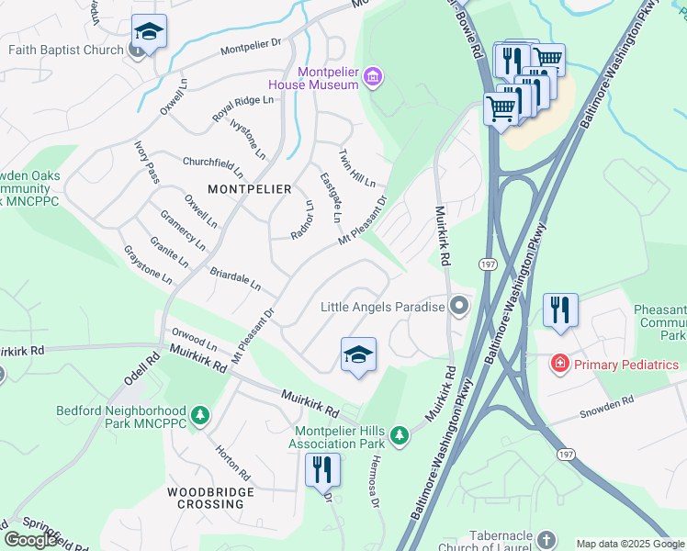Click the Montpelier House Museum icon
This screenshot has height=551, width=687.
click(x=373, y=76)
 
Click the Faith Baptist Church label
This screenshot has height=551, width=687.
click(x=66, y=50)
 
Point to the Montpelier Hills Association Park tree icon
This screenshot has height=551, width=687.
click(x=399, y=435)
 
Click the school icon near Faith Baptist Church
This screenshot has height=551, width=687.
click(x=149, y=32)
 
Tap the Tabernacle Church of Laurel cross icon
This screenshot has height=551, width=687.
click(x=546, y=539)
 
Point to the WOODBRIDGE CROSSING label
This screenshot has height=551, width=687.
click(x=205, y=498)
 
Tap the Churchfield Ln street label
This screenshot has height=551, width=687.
click(x=213, y=165)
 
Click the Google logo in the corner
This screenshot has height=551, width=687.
click(x=30, y=539)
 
